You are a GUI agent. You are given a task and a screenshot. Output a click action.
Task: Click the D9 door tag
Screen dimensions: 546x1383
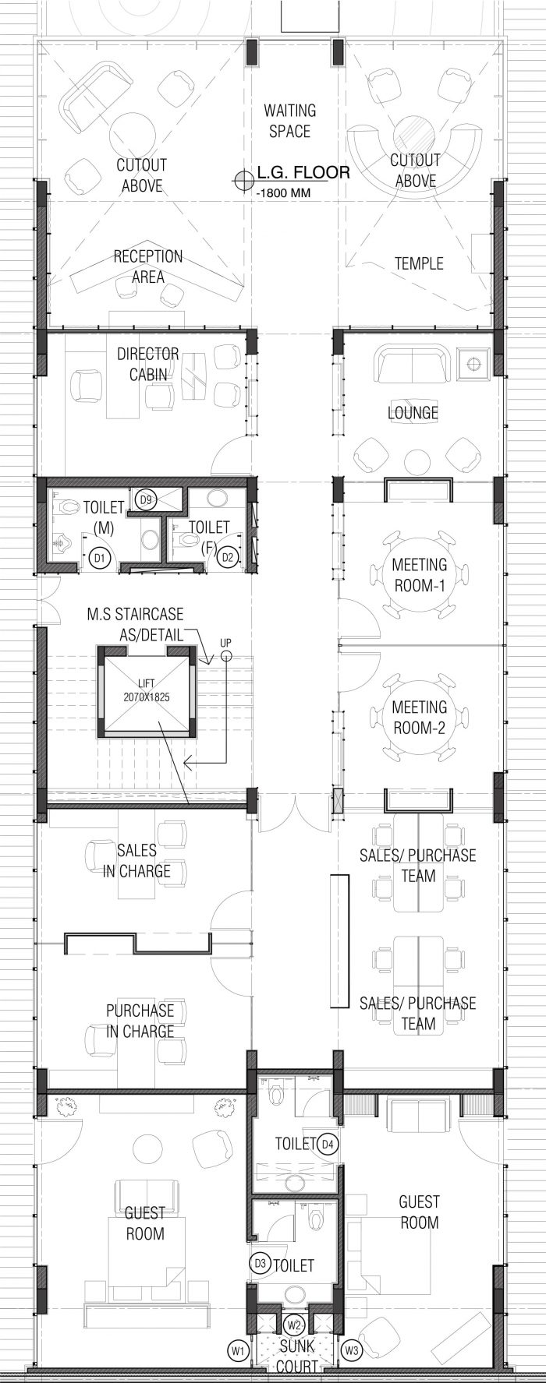click(x=144, y=498)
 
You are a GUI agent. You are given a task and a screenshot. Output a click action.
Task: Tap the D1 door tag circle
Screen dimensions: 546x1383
click(x=98, y=557)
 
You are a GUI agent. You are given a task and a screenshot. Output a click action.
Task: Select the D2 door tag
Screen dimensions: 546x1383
click(x=228, y=557)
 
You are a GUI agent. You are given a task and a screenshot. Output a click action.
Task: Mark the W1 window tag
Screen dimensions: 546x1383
click(x=237, y=1349)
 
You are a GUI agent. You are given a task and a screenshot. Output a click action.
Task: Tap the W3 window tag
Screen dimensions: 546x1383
click(x=352, y=1349)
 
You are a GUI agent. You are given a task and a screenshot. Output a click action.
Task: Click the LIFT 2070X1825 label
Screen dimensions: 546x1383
click(x=145, y=689)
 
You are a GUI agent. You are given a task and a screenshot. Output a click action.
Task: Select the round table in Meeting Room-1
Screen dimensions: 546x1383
click(x=419, y=574)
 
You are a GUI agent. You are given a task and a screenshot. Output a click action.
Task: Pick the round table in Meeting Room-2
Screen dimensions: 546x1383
click(x=419, y=718)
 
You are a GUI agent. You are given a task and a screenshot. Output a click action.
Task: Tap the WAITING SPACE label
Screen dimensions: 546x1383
click(x=289, y=121)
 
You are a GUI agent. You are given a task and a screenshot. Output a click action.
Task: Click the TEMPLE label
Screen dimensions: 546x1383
click(x=419, y=263)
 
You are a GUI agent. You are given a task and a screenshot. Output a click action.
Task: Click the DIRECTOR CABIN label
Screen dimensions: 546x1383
click(x=148, y=364)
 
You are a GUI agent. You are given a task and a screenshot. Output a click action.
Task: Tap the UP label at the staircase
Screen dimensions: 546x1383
click(x=225, y=643)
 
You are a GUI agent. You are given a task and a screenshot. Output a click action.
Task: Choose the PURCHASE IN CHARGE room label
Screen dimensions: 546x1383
click(x=140, y=1021)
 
